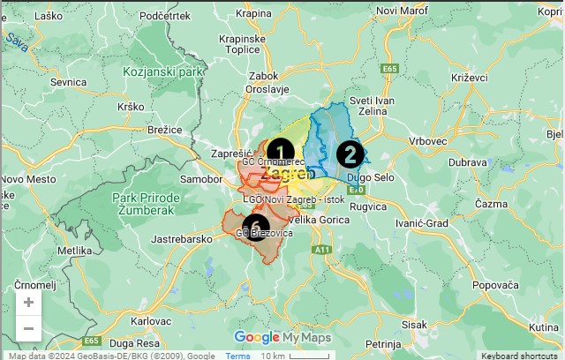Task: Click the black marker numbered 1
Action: [x=280, y=151]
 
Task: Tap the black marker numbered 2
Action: [x=350, y=154]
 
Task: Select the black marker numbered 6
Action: [x=256, y=227]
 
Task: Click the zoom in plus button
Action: [x=28, y=302]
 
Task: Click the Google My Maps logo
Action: [x=282, y=337]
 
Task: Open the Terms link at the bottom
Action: [x=238, y=356]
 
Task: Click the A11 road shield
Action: [x=323, y=250]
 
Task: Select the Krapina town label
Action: [x=254, y=13]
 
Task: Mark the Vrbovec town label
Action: [x=430, y=140]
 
